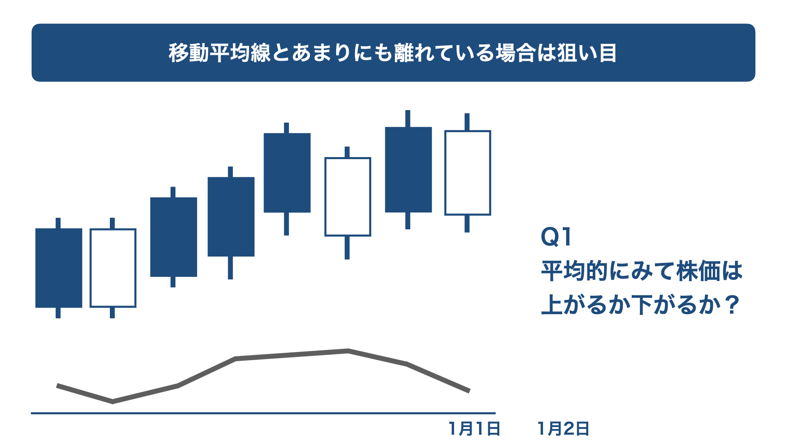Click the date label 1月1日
475,429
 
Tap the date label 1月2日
564,429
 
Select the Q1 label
556,237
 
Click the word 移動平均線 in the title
220,53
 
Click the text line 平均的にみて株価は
642,271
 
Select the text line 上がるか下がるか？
640,305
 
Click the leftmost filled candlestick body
59,268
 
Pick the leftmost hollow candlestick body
113,268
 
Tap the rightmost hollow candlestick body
468,173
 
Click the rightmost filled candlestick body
408,169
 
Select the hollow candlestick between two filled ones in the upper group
348,197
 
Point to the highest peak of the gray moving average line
348,351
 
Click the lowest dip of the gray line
113,402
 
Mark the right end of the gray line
469,391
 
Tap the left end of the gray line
57,386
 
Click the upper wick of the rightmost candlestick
467,122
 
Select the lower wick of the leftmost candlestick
58,313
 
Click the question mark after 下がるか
731,305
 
